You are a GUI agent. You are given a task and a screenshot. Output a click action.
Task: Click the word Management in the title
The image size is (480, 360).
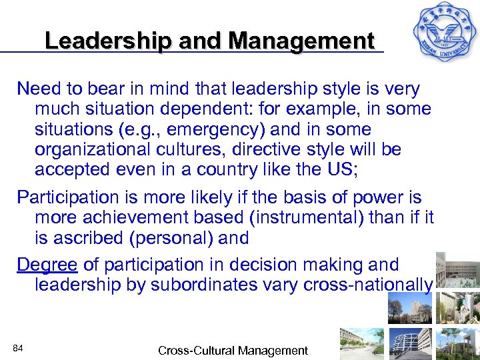coord(301,41)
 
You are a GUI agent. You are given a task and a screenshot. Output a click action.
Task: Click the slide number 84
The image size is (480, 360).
coord(18,347)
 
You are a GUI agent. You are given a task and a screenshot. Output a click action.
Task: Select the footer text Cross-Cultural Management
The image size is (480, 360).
coord(233,350)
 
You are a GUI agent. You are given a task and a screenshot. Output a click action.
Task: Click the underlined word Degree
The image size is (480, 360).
coord(47,265)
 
